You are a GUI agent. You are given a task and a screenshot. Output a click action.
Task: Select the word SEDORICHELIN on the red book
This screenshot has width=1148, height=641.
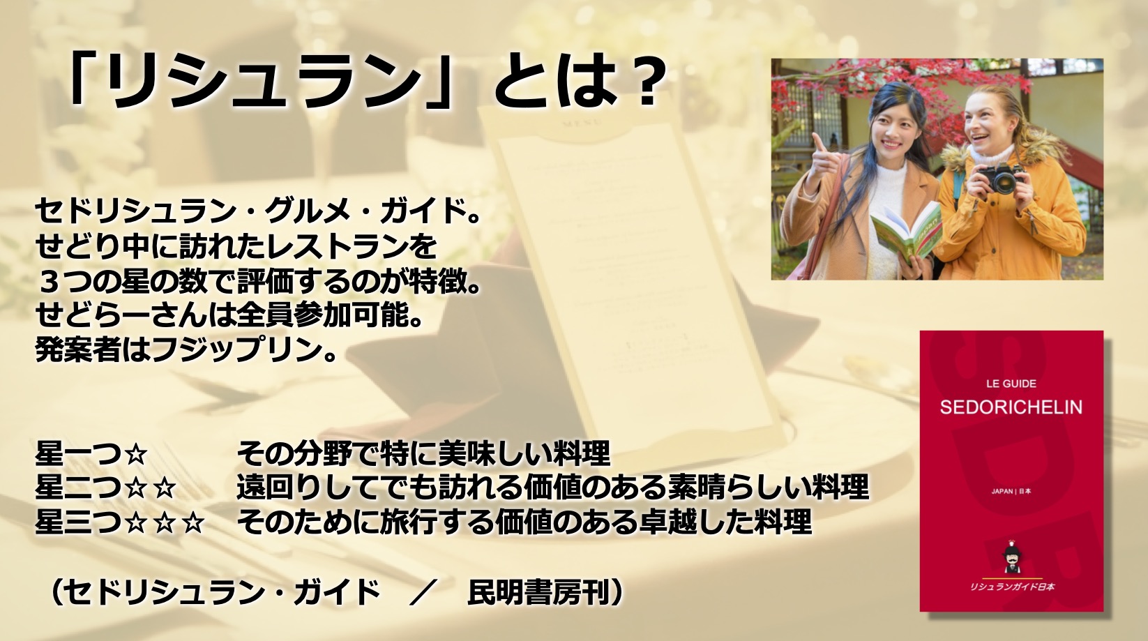click(1011, 407)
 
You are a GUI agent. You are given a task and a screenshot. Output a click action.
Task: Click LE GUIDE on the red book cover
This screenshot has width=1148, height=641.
click(1011, 383)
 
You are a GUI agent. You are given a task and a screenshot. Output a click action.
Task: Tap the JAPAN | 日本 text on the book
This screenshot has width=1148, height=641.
click(1011, 491)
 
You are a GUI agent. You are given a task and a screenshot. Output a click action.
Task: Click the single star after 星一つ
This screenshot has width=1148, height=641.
click(136, 455)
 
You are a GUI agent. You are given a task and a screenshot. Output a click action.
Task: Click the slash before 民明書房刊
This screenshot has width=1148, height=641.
click(422, 594)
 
